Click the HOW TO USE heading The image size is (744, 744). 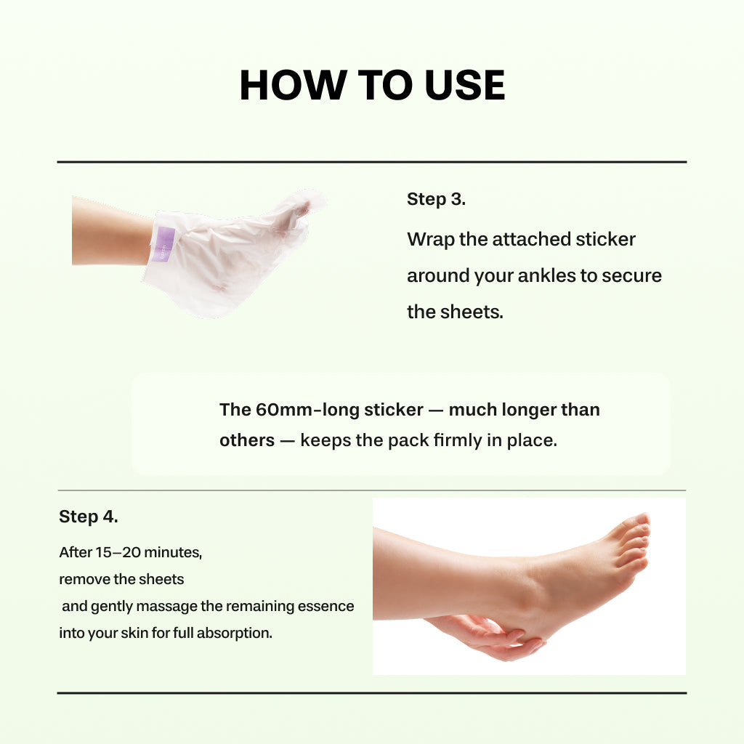click(372, 85)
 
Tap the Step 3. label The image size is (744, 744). click(436, 200)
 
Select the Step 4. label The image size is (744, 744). click(88, 517)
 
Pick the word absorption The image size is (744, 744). click(235, 633)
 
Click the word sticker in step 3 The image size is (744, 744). click(605, 239)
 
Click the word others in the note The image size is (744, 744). click(247, 440)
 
